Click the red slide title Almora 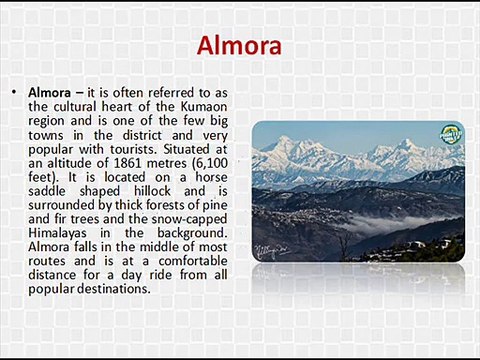click(239, 46)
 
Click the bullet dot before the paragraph click(13, 92)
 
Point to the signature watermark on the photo click(268, 250)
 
